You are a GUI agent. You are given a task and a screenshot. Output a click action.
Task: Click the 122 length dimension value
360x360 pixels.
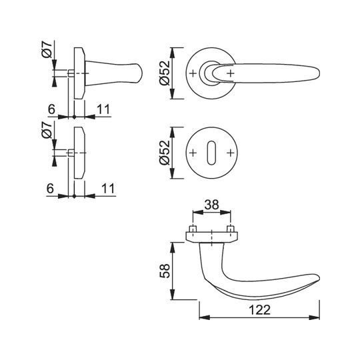[259, 310]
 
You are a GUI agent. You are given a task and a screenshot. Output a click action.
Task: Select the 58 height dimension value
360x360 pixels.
[165, 271]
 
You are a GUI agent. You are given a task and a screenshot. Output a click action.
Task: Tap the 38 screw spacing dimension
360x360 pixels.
[211, 205]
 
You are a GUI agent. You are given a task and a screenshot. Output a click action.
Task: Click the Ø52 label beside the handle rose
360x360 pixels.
[165, 73]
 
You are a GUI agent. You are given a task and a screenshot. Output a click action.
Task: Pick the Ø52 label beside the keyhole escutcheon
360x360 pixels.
[165, 153]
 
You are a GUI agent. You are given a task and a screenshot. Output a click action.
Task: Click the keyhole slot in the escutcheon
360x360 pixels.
[211, 153]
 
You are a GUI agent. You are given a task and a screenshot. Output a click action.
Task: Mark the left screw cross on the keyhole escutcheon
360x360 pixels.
[193, 153]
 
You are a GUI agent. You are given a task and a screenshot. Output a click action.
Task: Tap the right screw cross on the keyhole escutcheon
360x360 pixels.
[230, 153]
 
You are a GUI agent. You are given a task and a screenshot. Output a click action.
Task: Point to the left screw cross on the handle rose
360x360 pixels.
[193, 73]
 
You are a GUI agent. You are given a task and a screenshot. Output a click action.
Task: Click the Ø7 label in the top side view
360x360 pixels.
[47, 50]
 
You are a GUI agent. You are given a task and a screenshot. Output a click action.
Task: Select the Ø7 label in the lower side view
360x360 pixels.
[47, 131]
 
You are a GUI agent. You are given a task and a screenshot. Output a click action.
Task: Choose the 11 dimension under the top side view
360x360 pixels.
[103, 109]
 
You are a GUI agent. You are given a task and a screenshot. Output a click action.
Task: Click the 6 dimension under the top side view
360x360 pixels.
[51, 109]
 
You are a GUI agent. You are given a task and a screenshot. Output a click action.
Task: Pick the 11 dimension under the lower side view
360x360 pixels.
[108, 189]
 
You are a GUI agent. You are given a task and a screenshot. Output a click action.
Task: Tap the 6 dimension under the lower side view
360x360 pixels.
[50, 189]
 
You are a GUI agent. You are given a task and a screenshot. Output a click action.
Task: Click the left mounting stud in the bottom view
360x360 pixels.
[193, 229]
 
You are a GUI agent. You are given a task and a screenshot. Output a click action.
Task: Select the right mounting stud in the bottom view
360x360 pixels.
[230, 229]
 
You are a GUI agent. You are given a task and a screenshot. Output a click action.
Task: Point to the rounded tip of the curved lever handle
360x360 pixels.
[318, 277]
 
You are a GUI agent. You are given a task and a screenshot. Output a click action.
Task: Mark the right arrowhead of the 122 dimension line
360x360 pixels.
[315, 318]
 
